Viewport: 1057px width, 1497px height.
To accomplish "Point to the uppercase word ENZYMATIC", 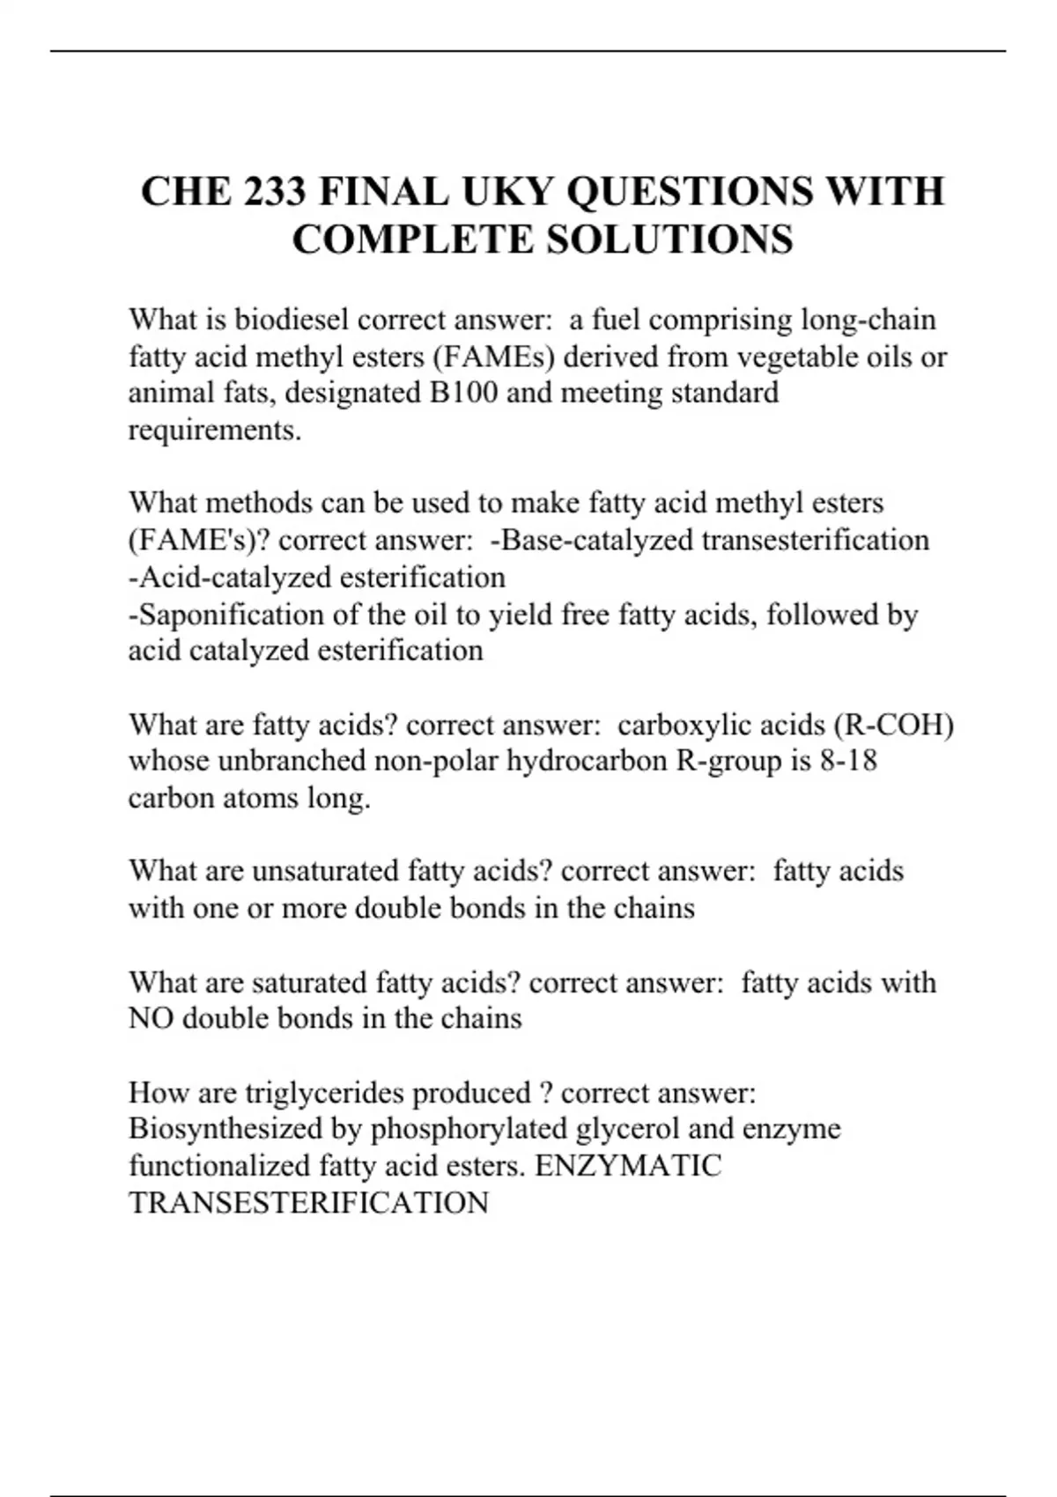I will tap(628, 1166).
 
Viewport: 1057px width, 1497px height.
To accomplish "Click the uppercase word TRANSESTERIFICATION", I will tap(308, 1203).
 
